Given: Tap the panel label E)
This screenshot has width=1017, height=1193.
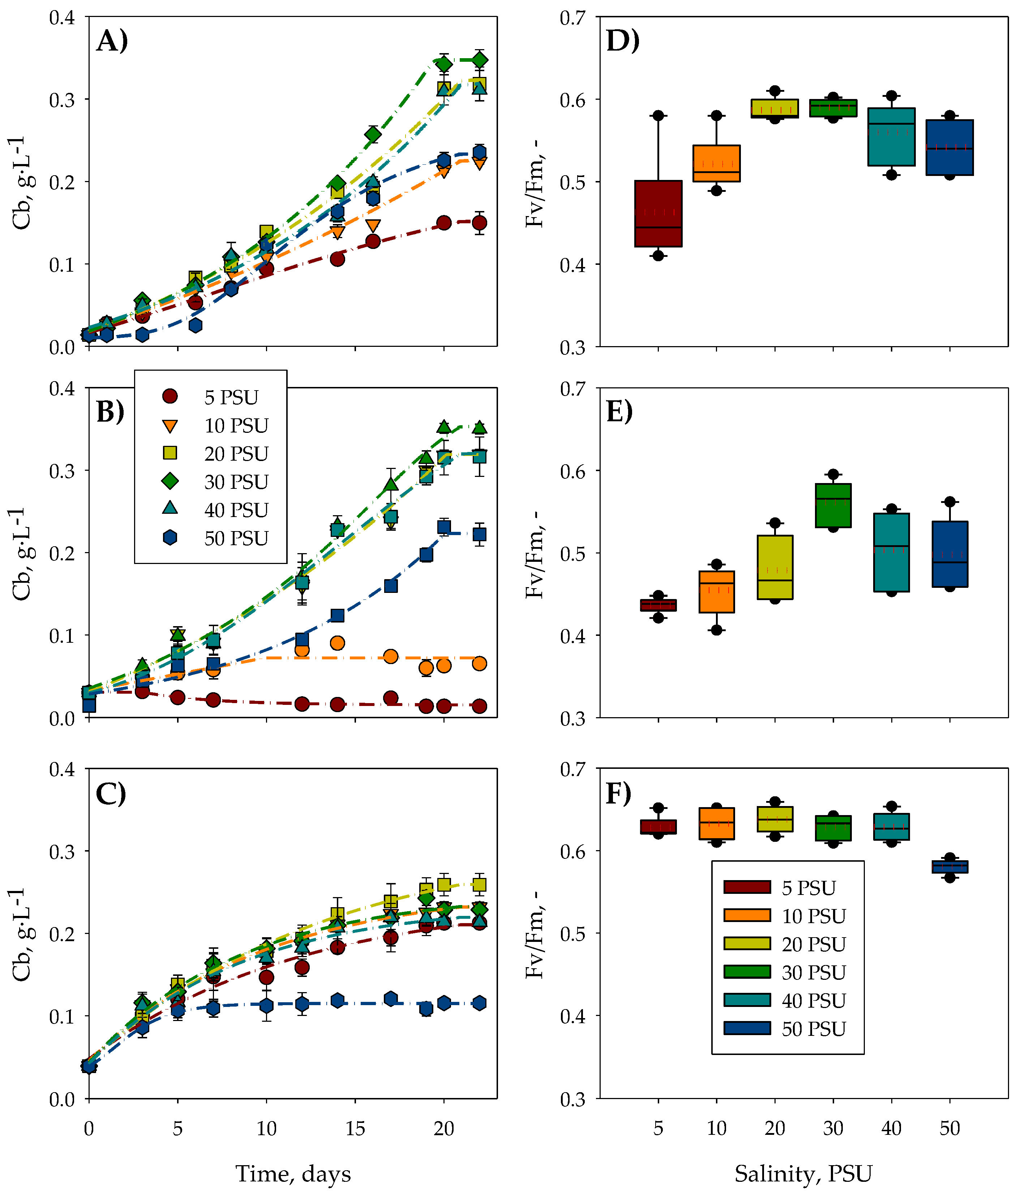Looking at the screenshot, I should point(619,412).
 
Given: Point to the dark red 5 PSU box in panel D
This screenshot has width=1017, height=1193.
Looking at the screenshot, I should point(658,214).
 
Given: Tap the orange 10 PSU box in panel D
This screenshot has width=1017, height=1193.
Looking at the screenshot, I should point(716,164).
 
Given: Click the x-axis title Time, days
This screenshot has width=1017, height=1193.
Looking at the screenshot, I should point(293,1173).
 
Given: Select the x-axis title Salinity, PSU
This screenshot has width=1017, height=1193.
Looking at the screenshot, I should point(803,1173).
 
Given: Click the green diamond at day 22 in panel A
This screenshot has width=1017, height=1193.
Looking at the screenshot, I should point(479,60).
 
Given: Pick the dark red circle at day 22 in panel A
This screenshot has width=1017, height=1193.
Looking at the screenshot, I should point(479,223).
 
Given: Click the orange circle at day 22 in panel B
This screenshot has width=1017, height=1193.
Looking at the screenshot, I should point(479,664).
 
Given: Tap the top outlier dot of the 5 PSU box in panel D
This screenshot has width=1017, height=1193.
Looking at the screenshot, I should point(658,116).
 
